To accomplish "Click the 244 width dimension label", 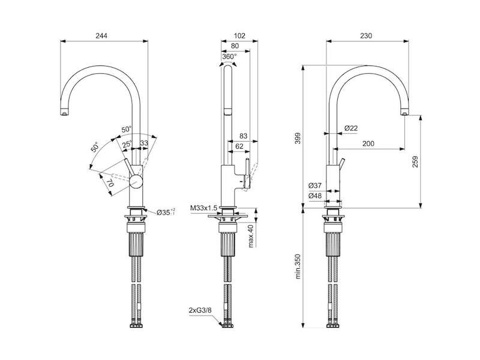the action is coord(101,36).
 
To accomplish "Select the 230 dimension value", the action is coord(366,36).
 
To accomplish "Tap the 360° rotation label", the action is coord(229,56).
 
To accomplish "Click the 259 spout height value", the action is coord(415,161).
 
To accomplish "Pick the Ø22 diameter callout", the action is coord(351,128).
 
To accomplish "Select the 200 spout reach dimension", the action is coord(368,143).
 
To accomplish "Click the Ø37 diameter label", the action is coord(315,185).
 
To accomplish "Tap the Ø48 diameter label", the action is coord(315,196).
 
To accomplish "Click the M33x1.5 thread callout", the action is coord(203,208).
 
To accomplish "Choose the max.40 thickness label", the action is coord(251,236).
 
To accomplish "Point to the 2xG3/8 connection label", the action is coord(200,310).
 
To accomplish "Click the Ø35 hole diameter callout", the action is coord(166,212).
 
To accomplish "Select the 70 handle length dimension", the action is coord(111,184).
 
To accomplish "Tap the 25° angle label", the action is coord(127,144).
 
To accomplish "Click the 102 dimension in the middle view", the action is coord(239,36).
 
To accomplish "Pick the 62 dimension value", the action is coord(239,146).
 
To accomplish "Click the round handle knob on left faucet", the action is coord(136,181).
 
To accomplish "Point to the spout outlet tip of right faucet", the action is coord(404,114).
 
